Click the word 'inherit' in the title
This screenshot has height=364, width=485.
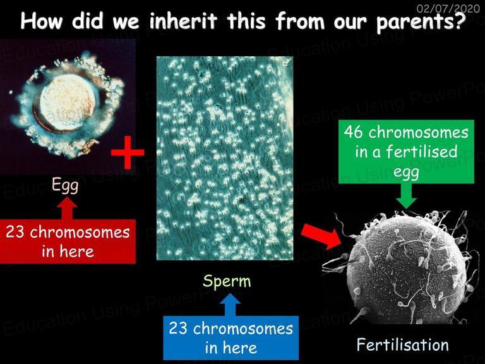click(x=183, y=21)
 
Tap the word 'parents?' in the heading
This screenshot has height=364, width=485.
click(x=421, y=22)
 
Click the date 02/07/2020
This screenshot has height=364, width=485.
click(x=448, y=8)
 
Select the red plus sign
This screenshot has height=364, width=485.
click(x=128, y=152)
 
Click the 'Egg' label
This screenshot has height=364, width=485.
click(x=65, y=185)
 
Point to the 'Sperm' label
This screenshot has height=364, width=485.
click(x=227, y=282)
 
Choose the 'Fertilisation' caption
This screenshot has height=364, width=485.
click(x=402, y=344)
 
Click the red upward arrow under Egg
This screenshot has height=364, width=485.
click(x=68, y=209)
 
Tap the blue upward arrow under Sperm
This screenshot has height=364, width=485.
click(x=231, y=305)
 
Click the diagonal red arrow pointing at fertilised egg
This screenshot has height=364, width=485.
click(x=321, y=236)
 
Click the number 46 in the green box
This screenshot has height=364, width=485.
click(x=353, y=132)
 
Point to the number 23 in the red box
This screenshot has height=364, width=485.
click(x=15, y=232)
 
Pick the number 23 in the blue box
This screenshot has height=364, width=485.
click(x=178, y=328)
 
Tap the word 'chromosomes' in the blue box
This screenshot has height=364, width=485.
click(x=242, y=329)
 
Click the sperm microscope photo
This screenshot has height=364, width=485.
click(x=225, y=158)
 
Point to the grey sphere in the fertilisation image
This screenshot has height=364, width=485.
click(x=406, y=269)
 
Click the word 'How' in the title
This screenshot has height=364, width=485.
click(x=41, y=21)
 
